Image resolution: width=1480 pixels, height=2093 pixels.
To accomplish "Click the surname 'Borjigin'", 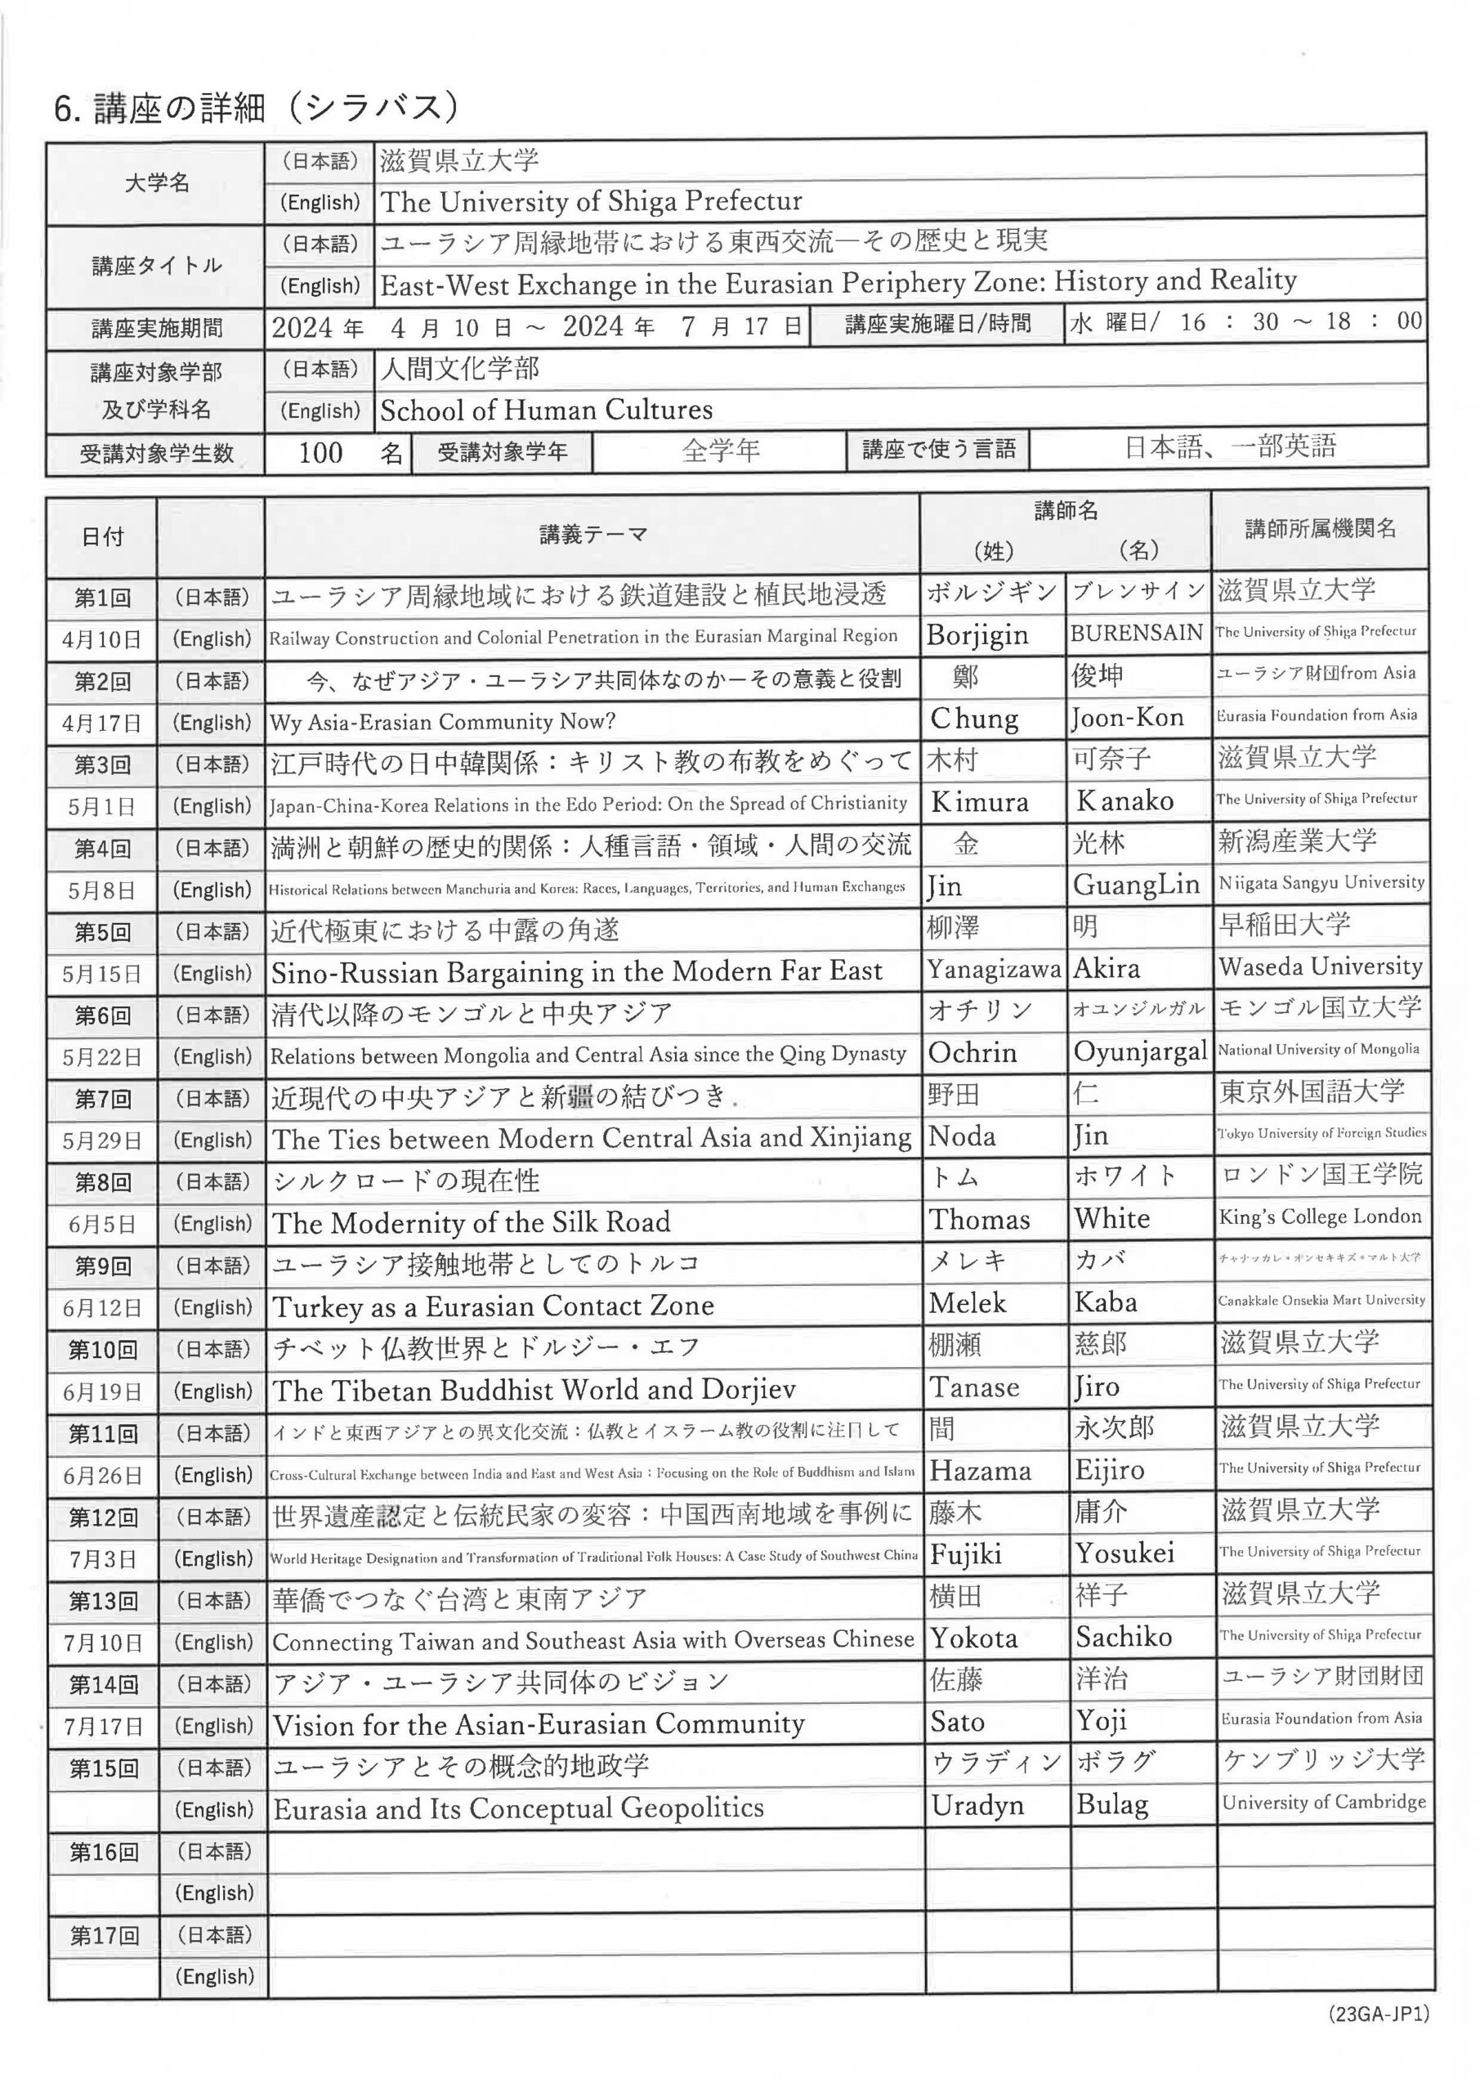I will (976, 635).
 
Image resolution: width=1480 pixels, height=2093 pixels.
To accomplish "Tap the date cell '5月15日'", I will (102, 974).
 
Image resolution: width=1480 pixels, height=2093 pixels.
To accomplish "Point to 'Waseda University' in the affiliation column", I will (1320, 966).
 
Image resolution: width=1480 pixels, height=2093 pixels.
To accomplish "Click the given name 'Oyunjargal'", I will (1139, 1052).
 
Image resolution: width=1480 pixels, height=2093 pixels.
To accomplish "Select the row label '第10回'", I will (102, 1349).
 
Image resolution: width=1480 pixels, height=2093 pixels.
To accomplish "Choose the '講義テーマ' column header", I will (592, 534).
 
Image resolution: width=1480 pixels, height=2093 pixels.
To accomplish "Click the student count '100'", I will (321, 453).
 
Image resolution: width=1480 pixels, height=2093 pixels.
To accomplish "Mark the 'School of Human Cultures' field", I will (546, 410).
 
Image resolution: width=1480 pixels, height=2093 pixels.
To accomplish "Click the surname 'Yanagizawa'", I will (994, 969).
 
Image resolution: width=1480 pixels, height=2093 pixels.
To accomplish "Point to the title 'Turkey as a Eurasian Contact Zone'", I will (492, 1306).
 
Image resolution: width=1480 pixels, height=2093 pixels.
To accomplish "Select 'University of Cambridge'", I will (1323, 1802).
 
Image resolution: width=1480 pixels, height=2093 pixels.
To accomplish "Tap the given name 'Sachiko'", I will (1123, 1636).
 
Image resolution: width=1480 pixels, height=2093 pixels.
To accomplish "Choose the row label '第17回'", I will (104, 1935).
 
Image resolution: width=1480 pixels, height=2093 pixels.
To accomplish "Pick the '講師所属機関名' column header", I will (1320, 529).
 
